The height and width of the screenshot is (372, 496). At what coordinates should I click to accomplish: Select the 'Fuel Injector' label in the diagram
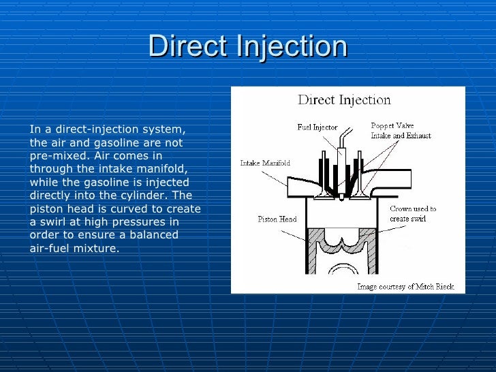tap(317, 127)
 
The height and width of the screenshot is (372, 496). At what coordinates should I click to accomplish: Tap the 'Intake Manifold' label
tap(265, 163)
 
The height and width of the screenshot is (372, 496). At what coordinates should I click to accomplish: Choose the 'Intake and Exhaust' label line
tap(401, 136)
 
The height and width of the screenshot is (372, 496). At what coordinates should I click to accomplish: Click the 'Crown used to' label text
tap(413, 209)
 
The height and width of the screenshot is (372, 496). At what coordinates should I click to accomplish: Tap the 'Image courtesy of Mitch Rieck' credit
tap(405, 287)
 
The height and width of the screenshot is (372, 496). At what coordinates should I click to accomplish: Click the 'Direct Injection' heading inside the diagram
tap(344, 100)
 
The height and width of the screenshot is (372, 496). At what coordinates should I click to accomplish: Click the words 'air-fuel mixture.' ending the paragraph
tap(74, 248)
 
